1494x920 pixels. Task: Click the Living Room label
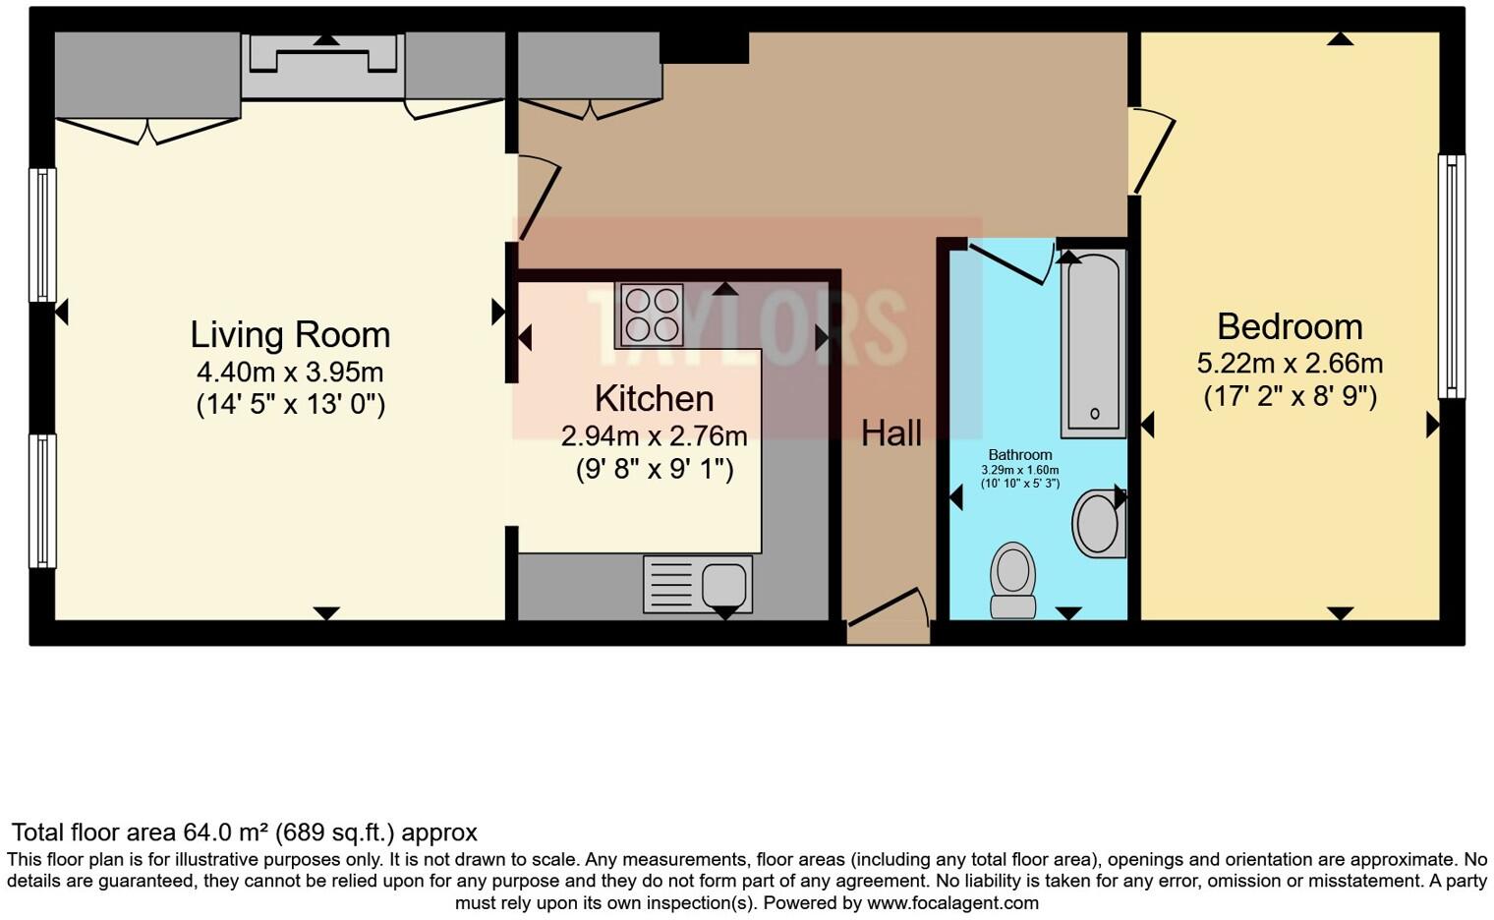290,335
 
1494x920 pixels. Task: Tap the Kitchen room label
654,399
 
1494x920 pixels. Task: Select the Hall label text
891,433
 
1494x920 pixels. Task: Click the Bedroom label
1290,326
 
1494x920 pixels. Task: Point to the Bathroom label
1019,455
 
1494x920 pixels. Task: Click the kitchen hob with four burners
650,314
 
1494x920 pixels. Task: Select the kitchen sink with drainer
698,584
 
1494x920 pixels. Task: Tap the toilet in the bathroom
1013,580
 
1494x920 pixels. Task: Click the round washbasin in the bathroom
1097,524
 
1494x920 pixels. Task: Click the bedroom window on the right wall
1451,276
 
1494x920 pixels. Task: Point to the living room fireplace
322,66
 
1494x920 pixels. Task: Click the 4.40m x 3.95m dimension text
290,373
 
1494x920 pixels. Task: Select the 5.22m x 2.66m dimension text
1290,364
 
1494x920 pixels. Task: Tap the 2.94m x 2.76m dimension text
654,435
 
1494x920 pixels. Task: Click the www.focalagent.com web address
952,902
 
